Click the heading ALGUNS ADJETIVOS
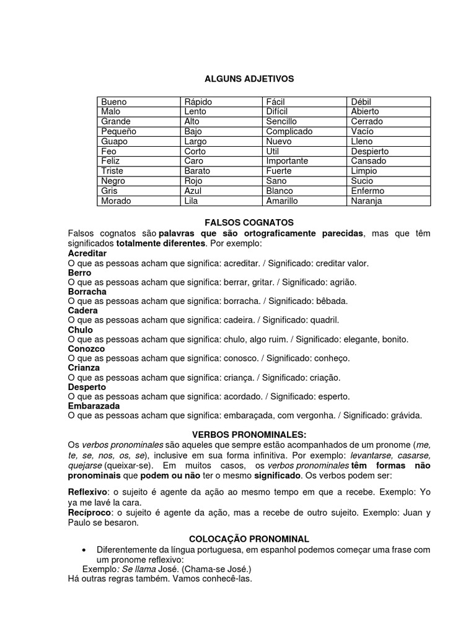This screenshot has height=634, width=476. point(249,79)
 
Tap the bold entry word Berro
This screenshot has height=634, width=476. point(79,272)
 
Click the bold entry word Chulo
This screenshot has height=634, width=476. point(80,330)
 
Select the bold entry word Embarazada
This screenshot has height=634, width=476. point(94,406)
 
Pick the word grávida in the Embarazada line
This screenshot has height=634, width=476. point(407,415)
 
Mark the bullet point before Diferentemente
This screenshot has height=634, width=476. point(84,550)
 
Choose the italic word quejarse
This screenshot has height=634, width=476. point(86,464)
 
